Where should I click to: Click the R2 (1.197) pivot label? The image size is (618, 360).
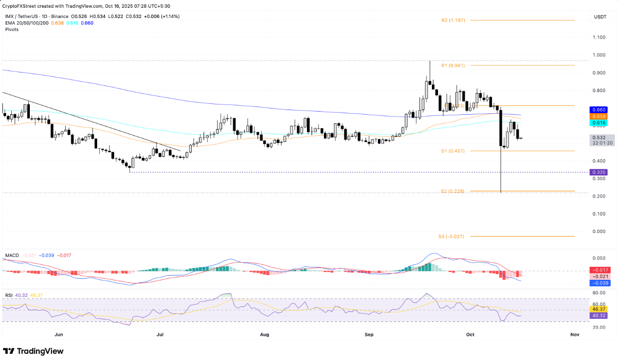coord(453,21)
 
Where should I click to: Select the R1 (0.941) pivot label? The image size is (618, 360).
coord(453,66)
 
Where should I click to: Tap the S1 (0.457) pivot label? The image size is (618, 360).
coord(453,151)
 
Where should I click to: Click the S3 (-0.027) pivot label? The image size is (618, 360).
coord(452,237)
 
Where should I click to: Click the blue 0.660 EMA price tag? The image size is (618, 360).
coord(599,110)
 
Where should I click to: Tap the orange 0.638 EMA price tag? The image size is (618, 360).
coord(599,117)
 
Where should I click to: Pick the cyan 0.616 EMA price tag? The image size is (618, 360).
coord(599,123)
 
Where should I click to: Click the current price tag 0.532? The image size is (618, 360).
coord(599,138)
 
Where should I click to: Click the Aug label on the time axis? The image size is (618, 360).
coord(265,334)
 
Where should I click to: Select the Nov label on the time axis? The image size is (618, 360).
coord(575,334)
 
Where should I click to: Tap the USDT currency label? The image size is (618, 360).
coord(599,17)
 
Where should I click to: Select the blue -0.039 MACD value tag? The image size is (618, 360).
coord(599,283)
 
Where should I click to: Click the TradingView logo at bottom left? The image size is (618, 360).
coord(33,351)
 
